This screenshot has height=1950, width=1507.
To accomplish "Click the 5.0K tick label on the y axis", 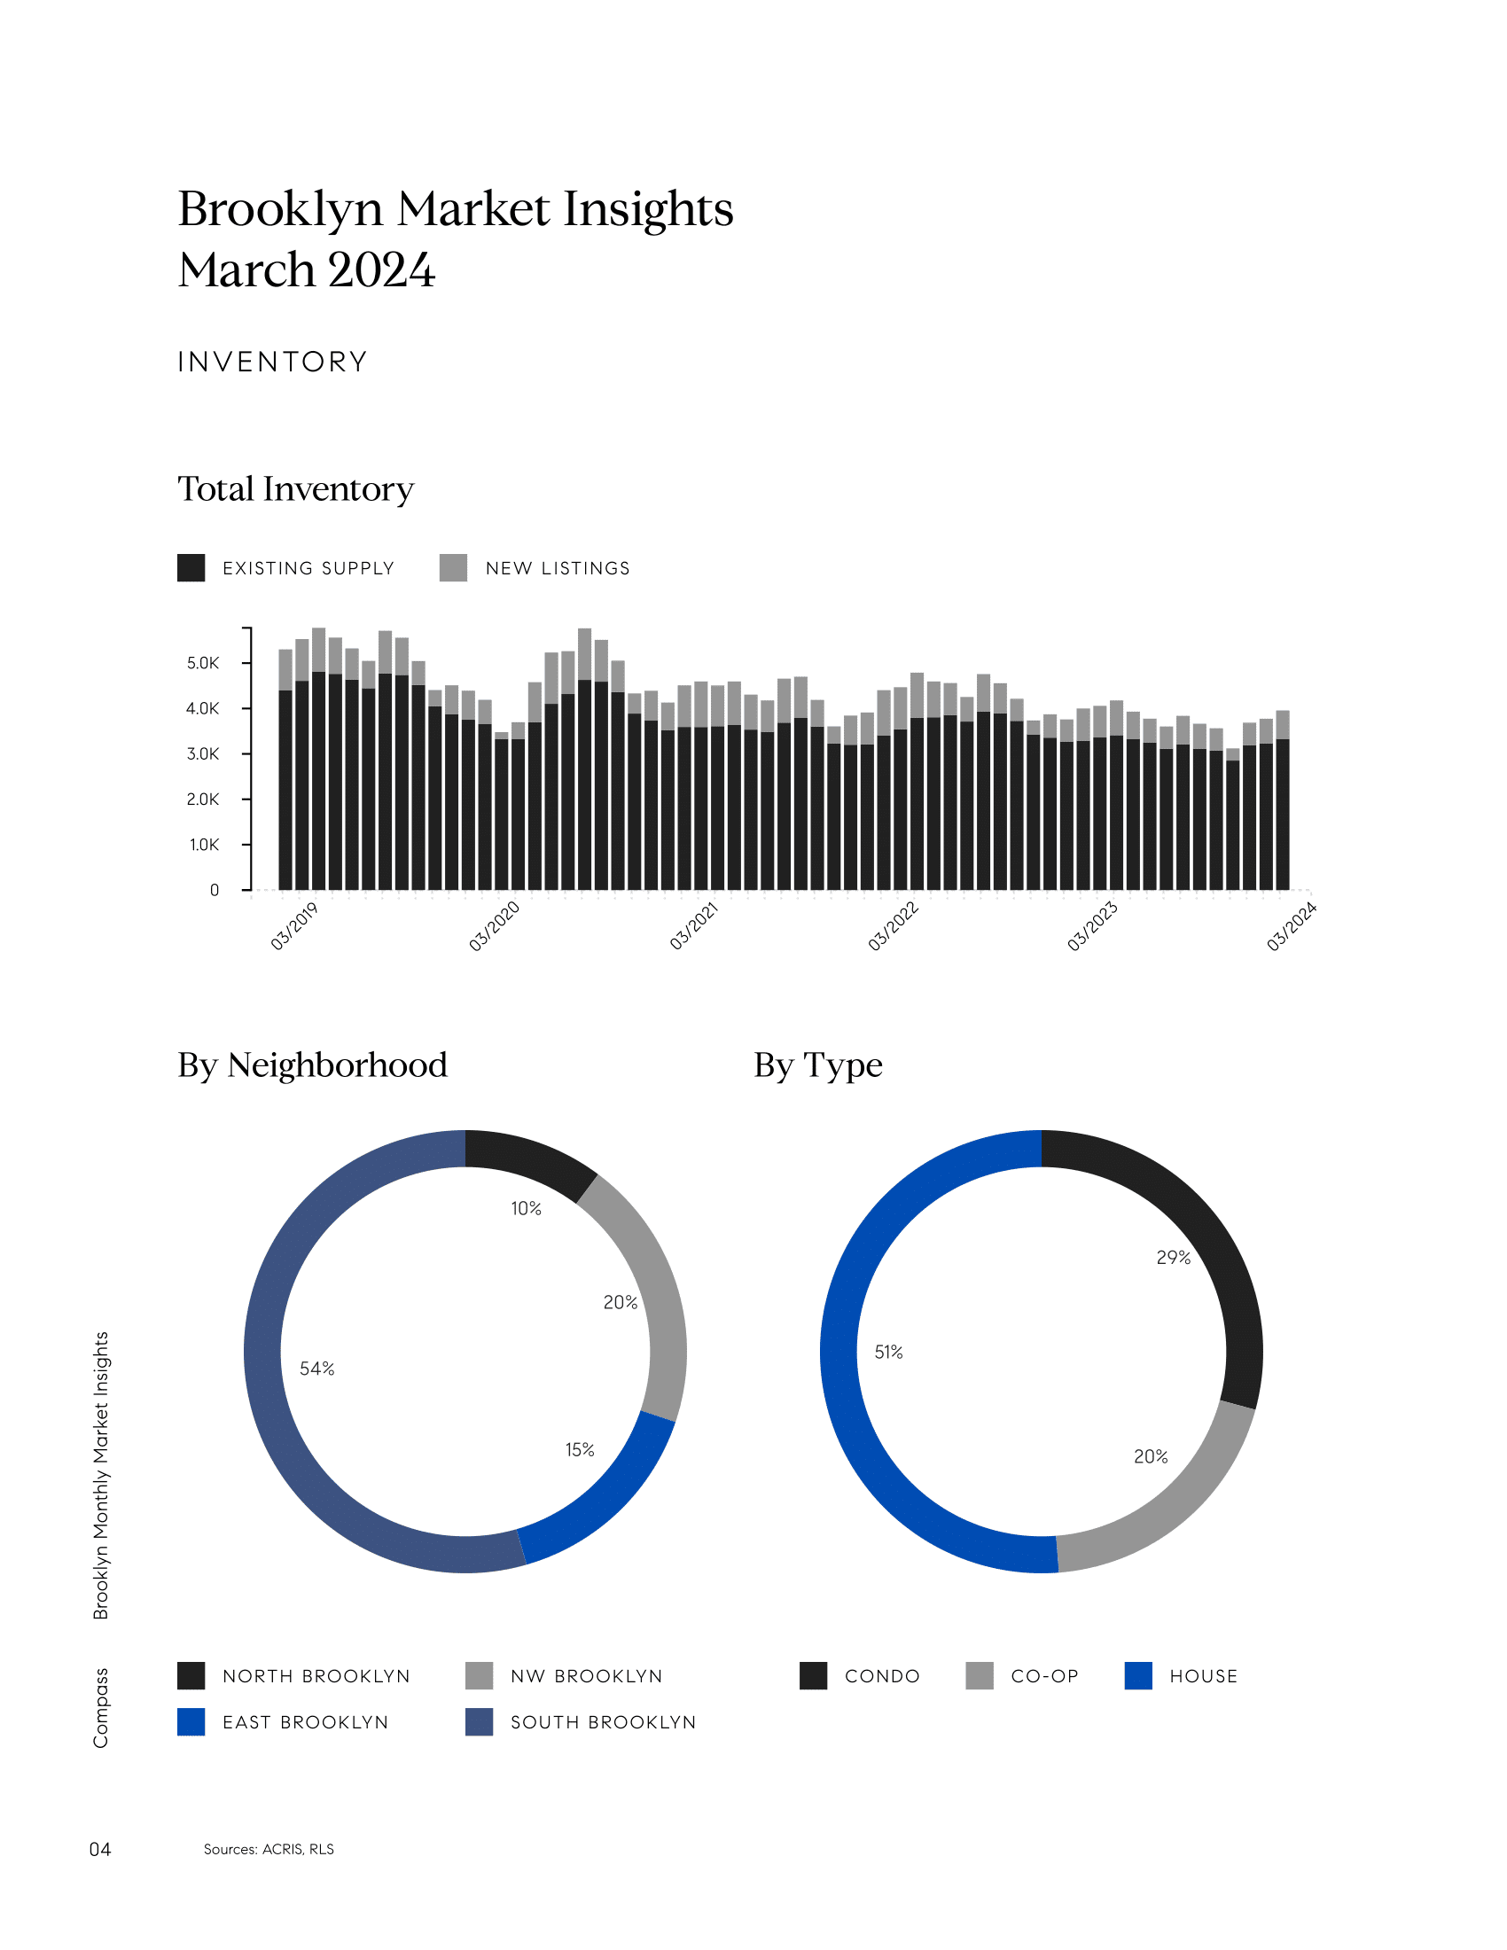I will click(x=203, y=663).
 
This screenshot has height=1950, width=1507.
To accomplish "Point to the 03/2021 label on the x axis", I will click(x=694, y=926).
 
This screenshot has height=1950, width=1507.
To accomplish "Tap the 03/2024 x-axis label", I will click(x=1291, y=926).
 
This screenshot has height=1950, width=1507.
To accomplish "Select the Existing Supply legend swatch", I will click(x=191, y=568).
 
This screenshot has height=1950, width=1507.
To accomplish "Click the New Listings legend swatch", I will click(x=454, y=568).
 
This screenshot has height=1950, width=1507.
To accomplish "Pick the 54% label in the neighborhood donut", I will click(x=317, y=1369).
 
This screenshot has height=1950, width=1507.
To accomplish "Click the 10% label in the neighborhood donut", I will click(x=526, y=1209).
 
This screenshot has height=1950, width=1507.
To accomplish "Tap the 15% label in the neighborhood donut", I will click(x=580, y=1450).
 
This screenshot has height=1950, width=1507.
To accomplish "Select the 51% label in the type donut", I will click(x=888, y=1353).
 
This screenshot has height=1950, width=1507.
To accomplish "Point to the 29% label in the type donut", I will click(x=1173, y=1258).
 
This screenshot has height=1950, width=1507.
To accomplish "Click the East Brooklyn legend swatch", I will click(x=191, y=1722).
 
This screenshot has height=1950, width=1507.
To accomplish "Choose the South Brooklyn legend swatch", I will click(x=480, y=1722).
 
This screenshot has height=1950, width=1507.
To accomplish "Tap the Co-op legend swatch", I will click(x=980, y=1676).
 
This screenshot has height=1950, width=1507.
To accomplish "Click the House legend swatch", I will click(x=1138, y=1676).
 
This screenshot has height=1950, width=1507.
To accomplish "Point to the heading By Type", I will click(x=818, y=1065).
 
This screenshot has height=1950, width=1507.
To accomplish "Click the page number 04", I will click(x=100, y=1849).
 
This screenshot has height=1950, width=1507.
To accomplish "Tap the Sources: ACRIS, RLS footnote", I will click(x=269, y=1849).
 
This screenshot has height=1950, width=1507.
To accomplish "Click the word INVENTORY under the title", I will click(x=272, y=362).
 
